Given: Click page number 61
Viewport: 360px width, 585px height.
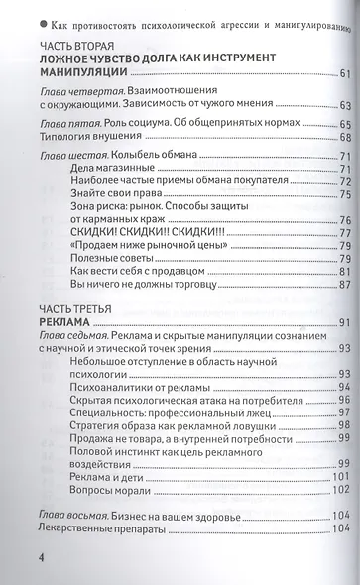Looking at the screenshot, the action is (x=345, y=74).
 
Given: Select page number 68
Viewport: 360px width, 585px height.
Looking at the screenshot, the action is (x=345, y=138).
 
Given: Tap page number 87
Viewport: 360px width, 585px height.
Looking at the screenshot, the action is (x=345, y=286).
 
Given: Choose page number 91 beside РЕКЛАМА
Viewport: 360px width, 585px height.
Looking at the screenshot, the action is (x=345, y=324).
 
